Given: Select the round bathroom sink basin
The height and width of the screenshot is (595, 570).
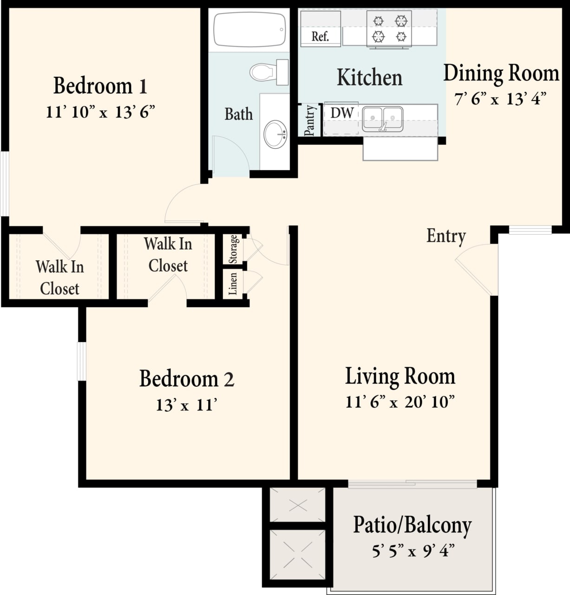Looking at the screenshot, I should click(275, 134).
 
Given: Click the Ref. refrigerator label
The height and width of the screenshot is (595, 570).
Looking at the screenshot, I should click(320, 36).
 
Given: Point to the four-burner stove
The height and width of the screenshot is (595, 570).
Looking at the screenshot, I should click(389, 29).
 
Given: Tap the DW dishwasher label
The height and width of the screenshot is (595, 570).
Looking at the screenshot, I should click(341, 113).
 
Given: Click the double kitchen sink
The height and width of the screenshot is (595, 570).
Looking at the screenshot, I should click(382, 119).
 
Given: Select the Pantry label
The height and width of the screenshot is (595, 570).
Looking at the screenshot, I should click(309, 120).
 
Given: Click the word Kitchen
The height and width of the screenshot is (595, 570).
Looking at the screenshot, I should click(369, 77).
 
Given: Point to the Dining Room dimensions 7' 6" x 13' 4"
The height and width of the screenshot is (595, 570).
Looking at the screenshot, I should click(500, 99).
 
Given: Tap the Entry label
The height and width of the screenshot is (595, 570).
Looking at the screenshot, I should click(446, 236).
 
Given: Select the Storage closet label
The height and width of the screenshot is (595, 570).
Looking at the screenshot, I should click(233, 249).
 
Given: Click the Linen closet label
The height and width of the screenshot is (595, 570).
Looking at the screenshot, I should click(233, 284).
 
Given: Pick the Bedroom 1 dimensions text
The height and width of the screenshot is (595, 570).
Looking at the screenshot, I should click(100, 112).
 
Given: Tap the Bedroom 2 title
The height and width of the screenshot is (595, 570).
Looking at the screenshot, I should click(187, 378).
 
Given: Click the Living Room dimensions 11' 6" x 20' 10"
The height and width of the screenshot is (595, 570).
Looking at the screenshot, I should click(400, 402).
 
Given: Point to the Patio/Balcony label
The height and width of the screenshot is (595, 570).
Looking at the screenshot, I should click(412, 525).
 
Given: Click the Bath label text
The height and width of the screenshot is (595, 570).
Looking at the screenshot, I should click(239, 114).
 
